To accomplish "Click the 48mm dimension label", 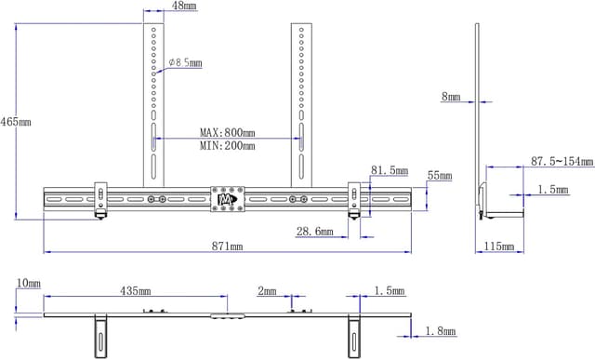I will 183,7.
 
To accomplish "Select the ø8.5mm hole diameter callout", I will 185,63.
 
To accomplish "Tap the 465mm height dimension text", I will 16,122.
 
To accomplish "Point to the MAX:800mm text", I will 227,133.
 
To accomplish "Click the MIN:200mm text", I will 227,146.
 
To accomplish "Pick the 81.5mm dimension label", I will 389,171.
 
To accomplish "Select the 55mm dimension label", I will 440,176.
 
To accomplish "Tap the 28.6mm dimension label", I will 314,232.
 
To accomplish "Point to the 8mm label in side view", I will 451,96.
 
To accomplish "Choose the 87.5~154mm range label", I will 562,162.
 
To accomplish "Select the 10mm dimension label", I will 29,282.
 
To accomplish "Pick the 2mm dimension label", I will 267,292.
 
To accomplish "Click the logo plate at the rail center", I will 226,199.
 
